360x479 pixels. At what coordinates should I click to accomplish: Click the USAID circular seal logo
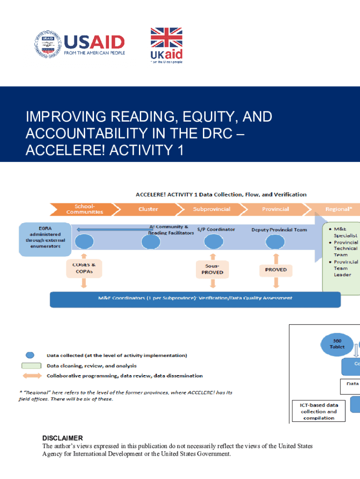pyautogui.click(x=47, y=44)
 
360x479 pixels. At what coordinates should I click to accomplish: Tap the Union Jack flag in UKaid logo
pyautogui.click(x=166, y=37)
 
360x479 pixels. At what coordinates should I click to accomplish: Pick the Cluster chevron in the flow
pyautogui.click(x=148, y=209)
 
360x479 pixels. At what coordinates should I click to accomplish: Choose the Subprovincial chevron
pyautogui.click(x=211, y=209)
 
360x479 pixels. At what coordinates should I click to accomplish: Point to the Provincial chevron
pyautogui.click(x=275, y=209)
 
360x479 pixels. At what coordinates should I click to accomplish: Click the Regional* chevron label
pyautogui.click(x=337, y=209)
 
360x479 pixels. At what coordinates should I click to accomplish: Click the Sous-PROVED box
pyautogui.click(x=212, y=269)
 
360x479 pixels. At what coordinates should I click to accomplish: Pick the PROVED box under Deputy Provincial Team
pyautogui.click(x=276, y=269)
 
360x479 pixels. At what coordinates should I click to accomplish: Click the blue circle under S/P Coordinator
pyautogui.click(x=213, y=242)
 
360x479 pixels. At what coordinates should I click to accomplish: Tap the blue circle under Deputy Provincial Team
pyautogui.click(x=275, y=242)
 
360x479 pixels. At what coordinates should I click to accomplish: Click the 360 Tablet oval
pyautogui.click(x=338, y=344)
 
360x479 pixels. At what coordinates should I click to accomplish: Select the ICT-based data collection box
pyautogui.click(x=319, y=411)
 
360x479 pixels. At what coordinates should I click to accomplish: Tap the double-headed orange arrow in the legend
pyautogui.click(x=30, y=376)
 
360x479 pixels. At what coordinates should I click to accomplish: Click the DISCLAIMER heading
pyautogui.click(x=63, y=438)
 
